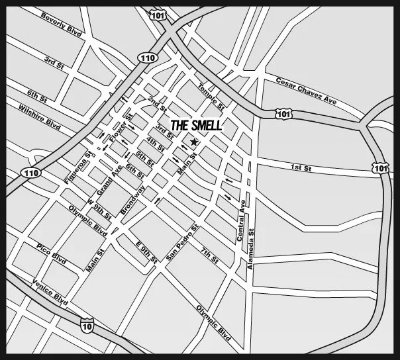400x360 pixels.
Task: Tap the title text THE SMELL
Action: pyautogui.click(x=196, y=125)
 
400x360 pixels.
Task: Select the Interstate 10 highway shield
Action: pyautogui.click(x=86, y=325)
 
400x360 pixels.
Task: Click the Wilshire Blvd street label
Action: pyautogui.click(x=40, y=116)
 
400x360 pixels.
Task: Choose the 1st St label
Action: pyautogui.click(x=301, y=169)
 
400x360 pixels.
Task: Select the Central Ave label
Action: pyautogui.click(x=242, y=219)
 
